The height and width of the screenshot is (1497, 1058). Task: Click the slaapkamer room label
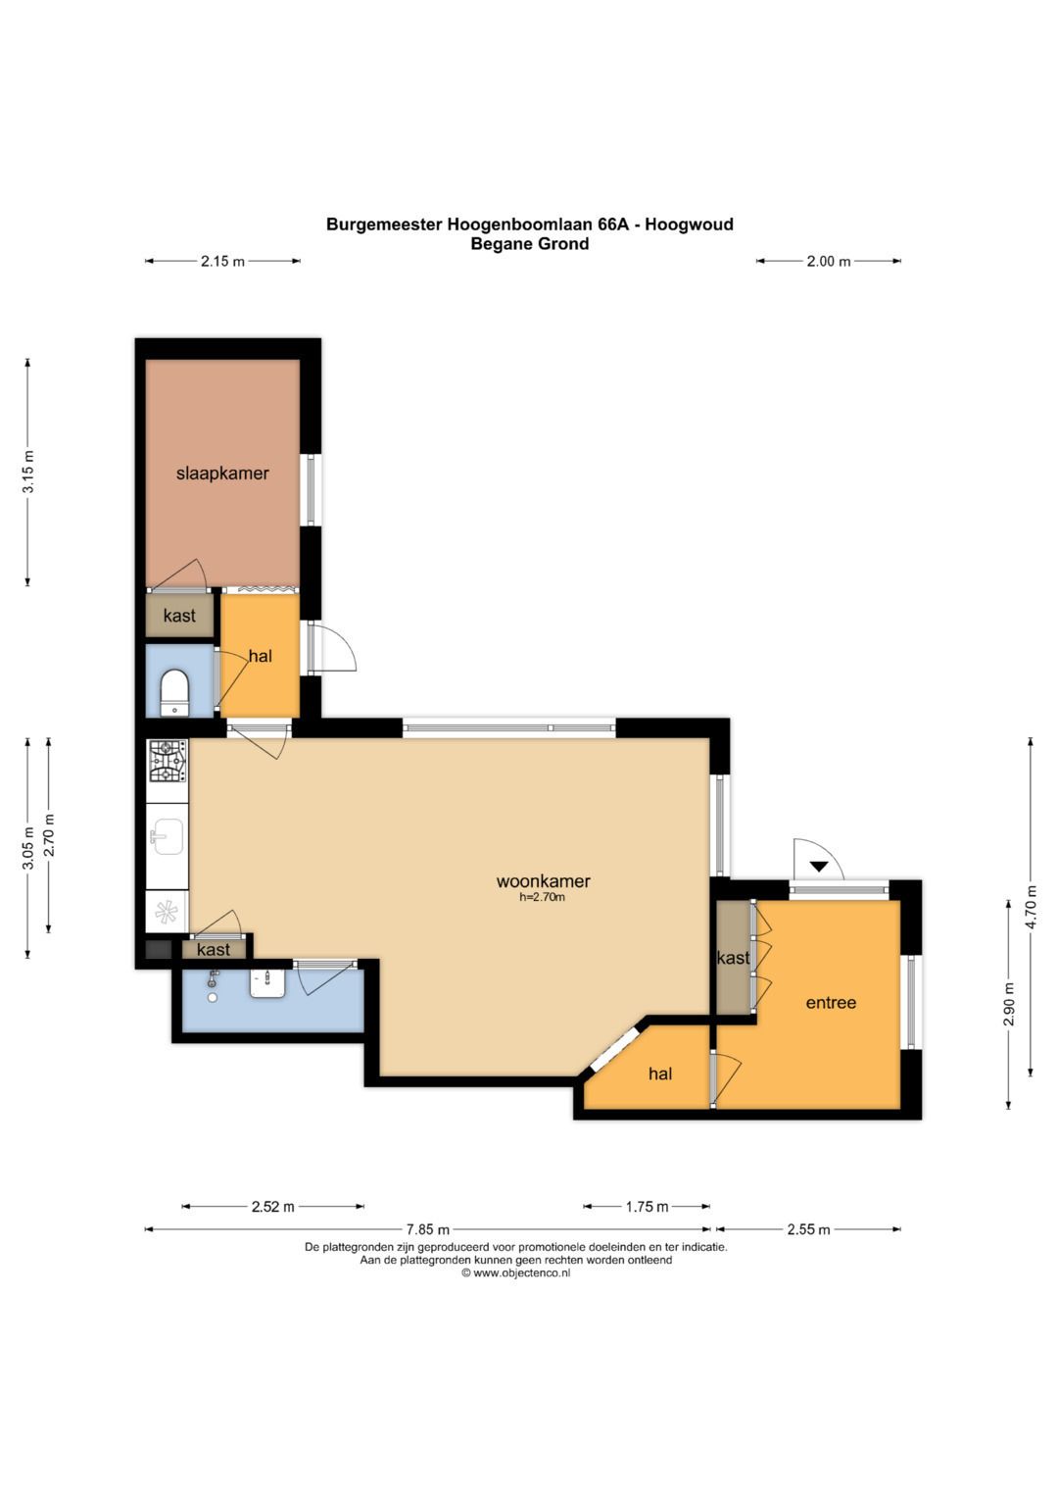(222, 474)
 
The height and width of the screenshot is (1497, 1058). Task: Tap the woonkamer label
(543, 880)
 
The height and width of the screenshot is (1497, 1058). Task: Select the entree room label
(831, 1003)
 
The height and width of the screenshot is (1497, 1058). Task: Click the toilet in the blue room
(175, 693)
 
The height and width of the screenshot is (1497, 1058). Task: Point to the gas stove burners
(168, 761)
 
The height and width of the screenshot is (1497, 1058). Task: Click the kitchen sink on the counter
(166, 836)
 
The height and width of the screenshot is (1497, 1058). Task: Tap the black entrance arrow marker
(820, 867)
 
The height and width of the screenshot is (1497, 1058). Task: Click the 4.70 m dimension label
(1031, 906)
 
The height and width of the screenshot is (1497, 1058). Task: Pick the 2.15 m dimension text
(222, 262)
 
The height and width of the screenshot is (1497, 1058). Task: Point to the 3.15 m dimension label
(28, 472)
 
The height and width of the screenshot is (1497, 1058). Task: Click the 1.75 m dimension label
(647, 1206)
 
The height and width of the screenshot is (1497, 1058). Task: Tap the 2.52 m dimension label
(272, 1206)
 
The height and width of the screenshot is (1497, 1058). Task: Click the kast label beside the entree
(734, 959)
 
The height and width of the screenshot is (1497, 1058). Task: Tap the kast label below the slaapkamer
(179, 616)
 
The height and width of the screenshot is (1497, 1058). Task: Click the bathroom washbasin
(268, 983)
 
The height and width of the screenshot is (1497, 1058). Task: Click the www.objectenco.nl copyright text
(515, 1273)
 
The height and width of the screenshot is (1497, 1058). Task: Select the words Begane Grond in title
(530, 244)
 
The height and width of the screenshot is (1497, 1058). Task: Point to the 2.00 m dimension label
(828, 262)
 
